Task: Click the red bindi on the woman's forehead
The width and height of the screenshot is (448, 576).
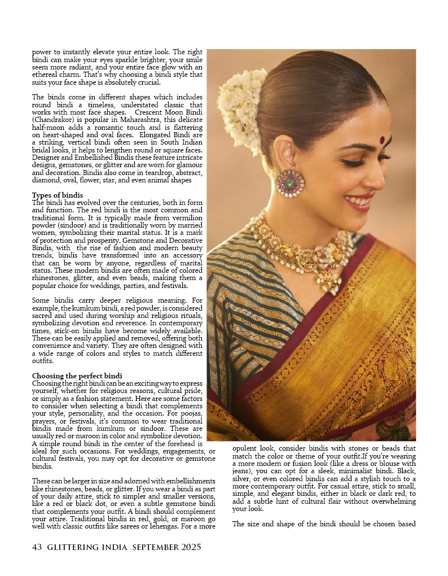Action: point(382,139)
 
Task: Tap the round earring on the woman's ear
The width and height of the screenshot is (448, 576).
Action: point(289,182)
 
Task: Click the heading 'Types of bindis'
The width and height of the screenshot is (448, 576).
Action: point(57,195)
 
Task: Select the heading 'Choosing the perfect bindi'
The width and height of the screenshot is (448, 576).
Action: point(77,376)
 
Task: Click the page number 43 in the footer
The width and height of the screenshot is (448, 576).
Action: point(37,547)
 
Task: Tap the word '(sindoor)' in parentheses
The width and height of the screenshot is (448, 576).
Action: point(73,225)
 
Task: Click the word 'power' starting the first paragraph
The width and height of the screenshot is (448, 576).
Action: point(42,51)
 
